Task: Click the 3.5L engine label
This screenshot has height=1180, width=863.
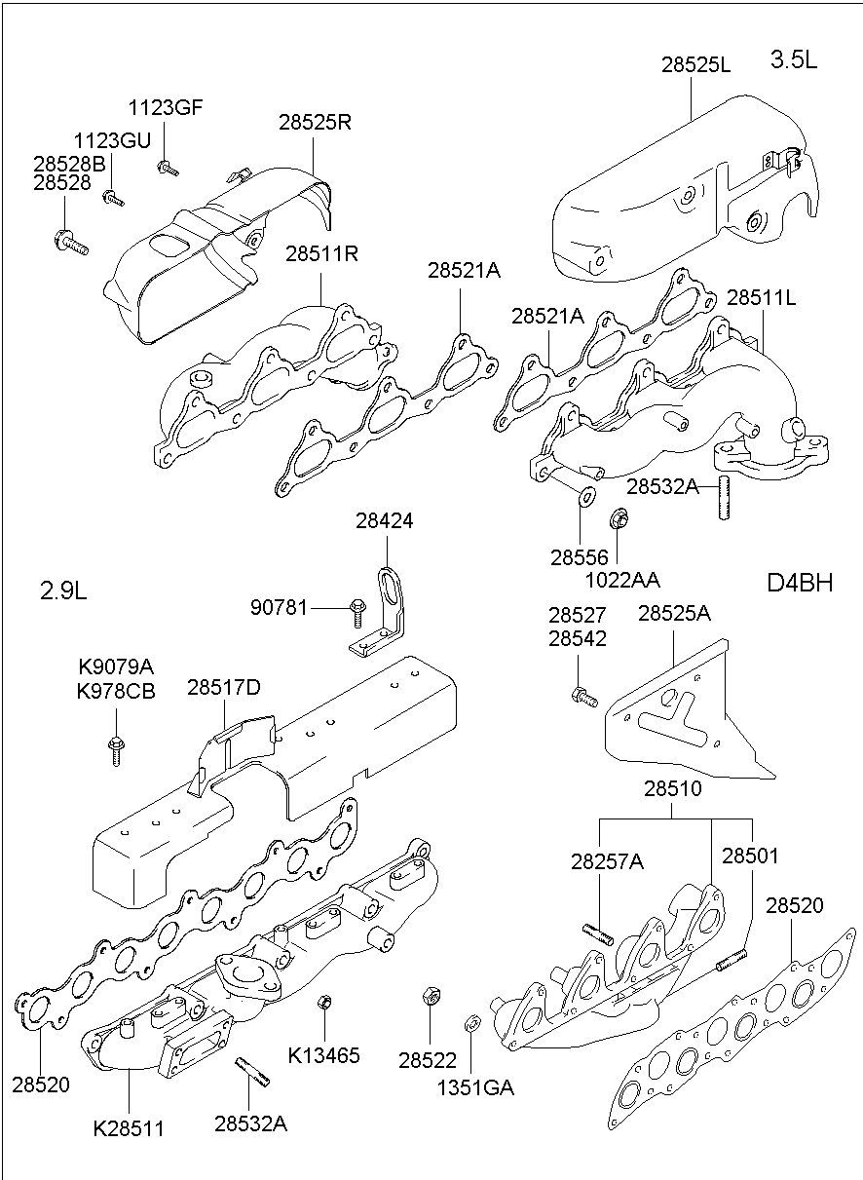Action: (794, 59)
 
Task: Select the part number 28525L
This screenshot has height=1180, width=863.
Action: (695, 65)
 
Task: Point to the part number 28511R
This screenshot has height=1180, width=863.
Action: (321, 255)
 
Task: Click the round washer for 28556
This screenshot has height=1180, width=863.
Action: (584, 498)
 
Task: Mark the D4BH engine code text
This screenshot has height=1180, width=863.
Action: (799, 583)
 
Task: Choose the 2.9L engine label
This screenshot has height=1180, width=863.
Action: (63, 590)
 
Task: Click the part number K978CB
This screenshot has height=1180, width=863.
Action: (116, 691)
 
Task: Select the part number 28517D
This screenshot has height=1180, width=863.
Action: (224, 687)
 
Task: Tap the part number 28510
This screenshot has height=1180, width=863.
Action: (671, 788)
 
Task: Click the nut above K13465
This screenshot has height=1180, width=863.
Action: (326, 1002)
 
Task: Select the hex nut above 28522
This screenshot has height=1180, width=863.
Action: (429, 997)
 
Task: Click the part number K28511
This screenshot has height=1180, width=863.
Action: (129, 1129)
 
